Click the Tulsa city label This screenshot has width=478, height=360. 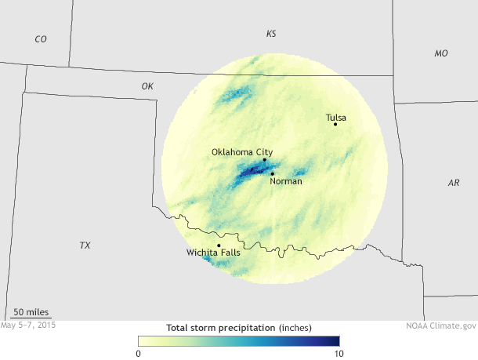336,118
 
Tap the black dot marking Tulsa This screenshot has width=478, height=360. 335,124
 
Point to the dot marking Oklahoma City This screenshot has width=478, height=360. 264,160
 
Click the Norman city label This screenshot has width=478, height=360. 285,181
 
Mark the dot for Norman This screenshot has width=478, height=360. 272,173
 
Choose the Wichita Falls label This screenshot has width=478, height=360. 213,253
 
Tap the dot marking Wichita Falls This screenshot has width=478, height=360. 219,245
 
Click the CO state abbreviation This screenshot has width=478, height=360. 41,38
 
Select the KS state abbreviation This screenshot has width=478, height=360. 271,34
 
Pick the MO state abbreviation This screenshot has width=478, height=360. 441,53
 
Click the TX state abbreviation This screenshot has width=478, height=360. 85,245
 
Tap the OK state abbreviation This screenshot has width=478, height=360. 147,85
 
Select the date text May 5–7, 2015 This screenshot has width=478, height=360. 29,324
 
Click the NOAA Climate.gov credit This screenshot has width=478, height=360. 441,324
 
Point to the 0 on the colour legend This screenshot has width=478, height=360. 139,353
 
